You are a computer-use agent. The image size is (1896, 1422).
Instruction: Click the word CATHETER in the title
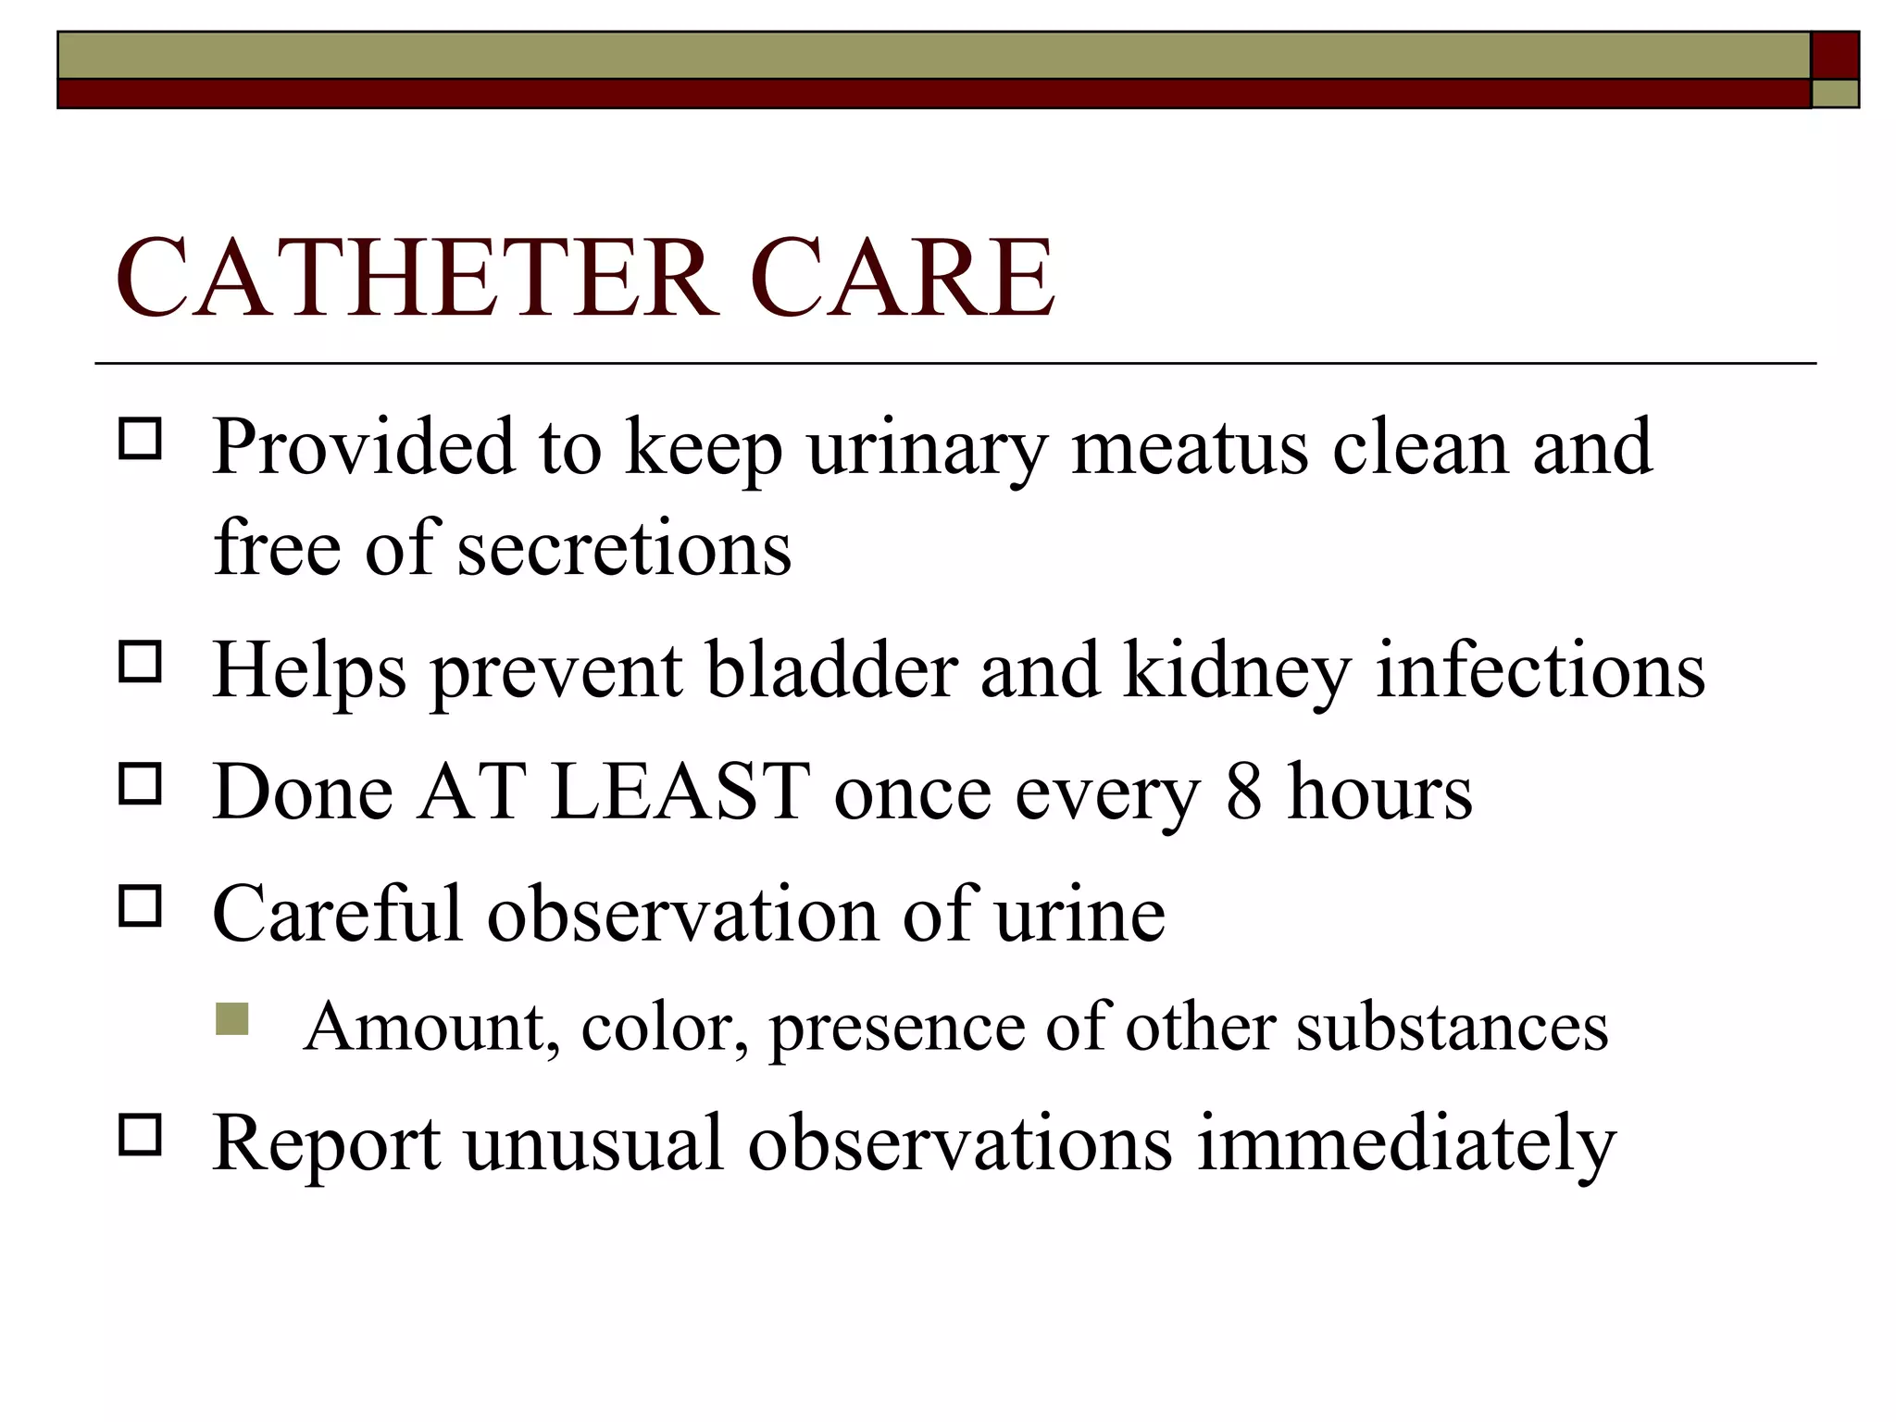[x=417, y=278]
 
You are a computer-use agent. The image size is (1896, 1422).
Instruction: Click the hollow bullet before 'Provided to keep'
[x=140, y=439]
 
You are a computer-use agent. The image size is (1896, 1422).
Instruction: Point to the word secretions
[x=625, y=548]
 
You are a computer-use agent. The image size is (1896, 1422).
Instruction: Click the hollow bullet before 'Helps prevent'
[x=140, y=662]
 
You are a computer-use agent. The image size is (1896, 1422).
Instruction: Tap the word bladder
[x=832, y=670]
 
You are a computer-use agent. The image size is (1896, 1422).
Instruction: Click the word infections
[x=1540, y=670]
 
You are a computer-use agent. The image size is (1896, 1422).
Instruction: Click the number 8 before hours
[x=1244, y=793]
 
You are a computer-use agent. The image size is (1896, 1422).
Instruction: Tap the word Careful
[x=337, y=914]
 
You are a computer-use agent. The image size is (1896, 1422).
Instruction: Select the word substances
[x=1452, y=1028]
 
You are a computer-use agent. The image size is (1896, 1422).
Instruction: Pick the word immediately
[x=1406, y=1144]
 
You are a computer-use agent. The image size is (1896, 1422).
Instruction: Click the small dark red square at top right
[x=1835, y=55]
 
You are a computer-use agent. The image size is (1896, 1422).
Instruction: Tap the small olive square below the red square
[x=1835, y=94]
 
